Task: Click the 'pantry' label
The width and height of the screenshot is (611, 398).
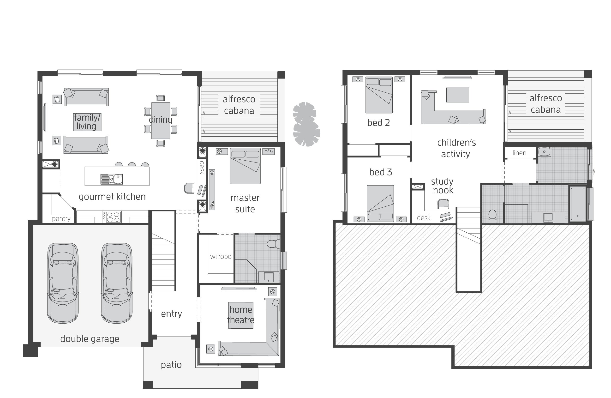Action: tap(61, 218)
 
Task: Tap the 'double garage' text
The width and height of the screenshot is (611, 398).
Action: tap(90, 339)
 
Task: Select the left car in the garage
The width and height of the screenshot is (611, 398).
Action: tap(63, 283)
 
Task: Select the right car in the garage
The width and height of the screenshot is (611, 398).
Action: tap(117, 283)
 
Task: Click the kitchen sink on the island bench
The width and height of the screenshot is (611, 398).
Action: tap(112, 179)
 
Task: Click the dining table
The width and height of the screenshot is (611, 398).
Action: tap(161, 121)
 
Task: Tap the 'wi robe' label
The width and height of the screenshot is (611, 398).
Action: tap(221, 257)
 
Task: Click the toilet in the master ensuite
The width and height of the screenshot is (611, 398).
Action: tap(273, 244)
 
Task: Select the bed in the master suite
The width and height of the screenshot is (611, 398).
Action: tap(245, 166)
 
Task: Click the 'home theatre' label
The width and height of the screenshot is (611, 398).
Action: tap(241, 315)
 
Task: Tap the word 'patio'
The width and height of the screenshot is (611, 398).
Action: tap(171, 365)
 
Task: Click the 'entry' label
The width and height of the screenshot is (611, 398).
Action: tap(172, 314)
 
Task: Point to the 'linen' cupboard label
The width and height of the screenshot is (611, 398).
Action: tap(519, 153)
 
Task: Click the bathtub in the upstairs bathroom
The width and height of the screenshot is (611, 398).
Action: tap(578, 204)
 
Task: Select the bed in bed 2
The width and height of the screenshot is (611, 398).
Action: tap(379, 95)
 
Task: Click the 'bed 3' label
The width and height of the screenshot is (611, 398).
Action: tap(380, 172)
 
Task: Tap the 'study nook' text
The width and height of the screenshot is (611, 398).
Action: tap(442, 186)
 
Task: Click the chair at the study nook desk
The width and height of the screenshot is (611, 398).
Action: tap(443, 204)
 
